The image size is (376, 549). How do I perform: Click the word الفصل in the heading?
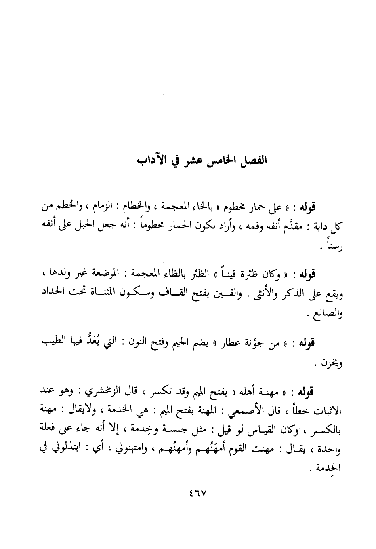coord(252,158)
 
